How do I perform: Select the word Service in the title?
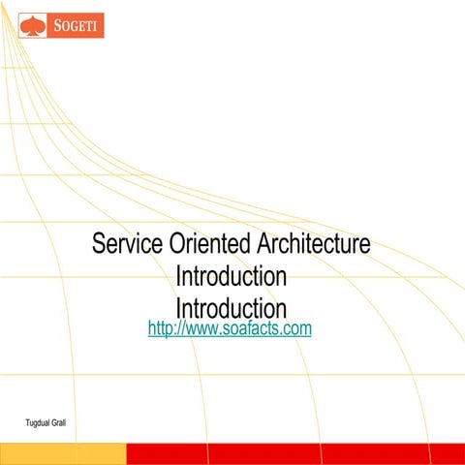point(123,243)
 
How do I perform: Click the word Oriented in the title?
point(203,243)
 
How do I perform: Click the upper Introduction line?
point(231,276)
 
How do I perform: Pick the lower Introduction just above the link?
point(231,308)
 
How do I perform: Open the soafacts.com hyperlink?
point(230,329)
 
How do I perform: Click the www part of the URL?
point(199,329)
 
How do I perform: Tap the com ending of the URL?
point(295,329)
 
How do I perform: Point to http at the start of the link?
point(161,329)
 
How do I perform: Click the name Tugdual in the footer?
point(40,423)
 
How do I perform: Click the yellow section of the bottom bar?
point(63,454)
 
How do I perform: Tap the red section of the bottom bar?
point(291,454)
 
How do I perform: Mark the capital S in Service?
point(99,243)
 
